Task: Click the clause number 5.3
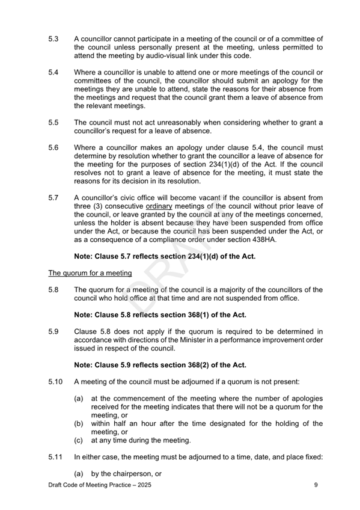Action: pyautogui.click(x=53, y=38)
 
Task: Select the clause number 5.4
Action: pyautogui.click(x=53, y=72)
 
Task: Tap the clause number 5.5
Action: pyautogui.click(x=53, y=123)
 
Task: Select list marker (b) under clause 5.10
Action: pyautogui.click(x=79, y=423)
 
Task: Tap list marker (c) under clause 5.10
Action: pyautogui.click(x=79, y=440)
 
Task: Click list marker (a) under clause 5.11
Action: pyautogui.click(x=79, y=473)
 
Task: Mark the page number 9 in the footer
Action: pyautogui.click(x=315, y=485)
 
